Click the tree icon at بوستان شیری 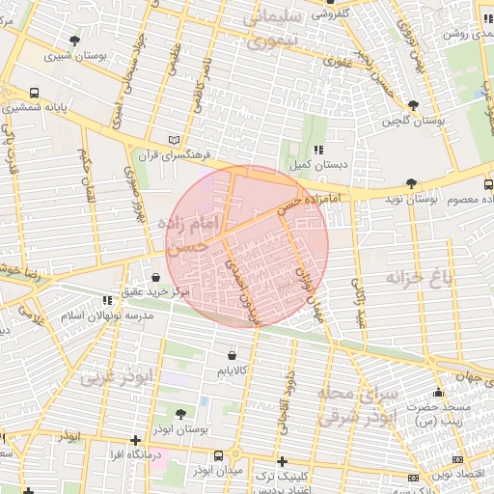(75, 41)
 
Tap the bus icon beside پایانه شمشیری (35, 94)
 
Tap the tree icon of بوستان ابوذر (206, 413)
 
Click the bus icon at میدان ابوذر (219, 455)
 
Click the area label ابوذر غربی (117, 378)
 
